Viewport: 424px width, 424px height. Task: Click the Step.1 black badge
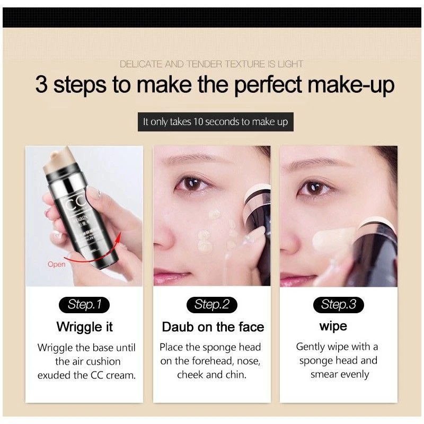(84, 305)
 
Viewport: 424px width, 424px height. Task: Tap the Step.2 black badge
(211, 305)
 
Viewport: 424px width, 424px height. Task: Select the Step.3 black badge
(338, 305)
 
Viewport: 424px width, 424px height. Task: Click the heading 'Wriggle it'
(84, 326)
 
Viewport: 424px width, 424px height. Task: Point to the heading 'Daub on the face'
(213, 327)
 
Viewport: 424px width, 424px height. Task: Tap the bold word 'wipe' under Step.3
(333, 326)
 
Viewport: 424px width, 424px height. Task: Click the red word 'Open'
(56, 264)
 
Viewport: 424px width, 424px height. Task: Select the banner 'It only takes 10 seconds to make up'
(216, 122)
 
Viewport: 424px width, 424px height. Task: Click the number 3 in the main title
(41, 84)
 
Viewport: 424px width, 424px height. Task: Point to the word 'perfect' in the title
(268, 84)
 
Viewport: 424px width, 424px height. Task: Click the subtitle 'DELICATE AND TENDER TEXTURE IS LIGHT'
(211, 64)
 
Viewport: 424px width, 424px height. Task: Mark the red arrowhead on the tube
(117, 238)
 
